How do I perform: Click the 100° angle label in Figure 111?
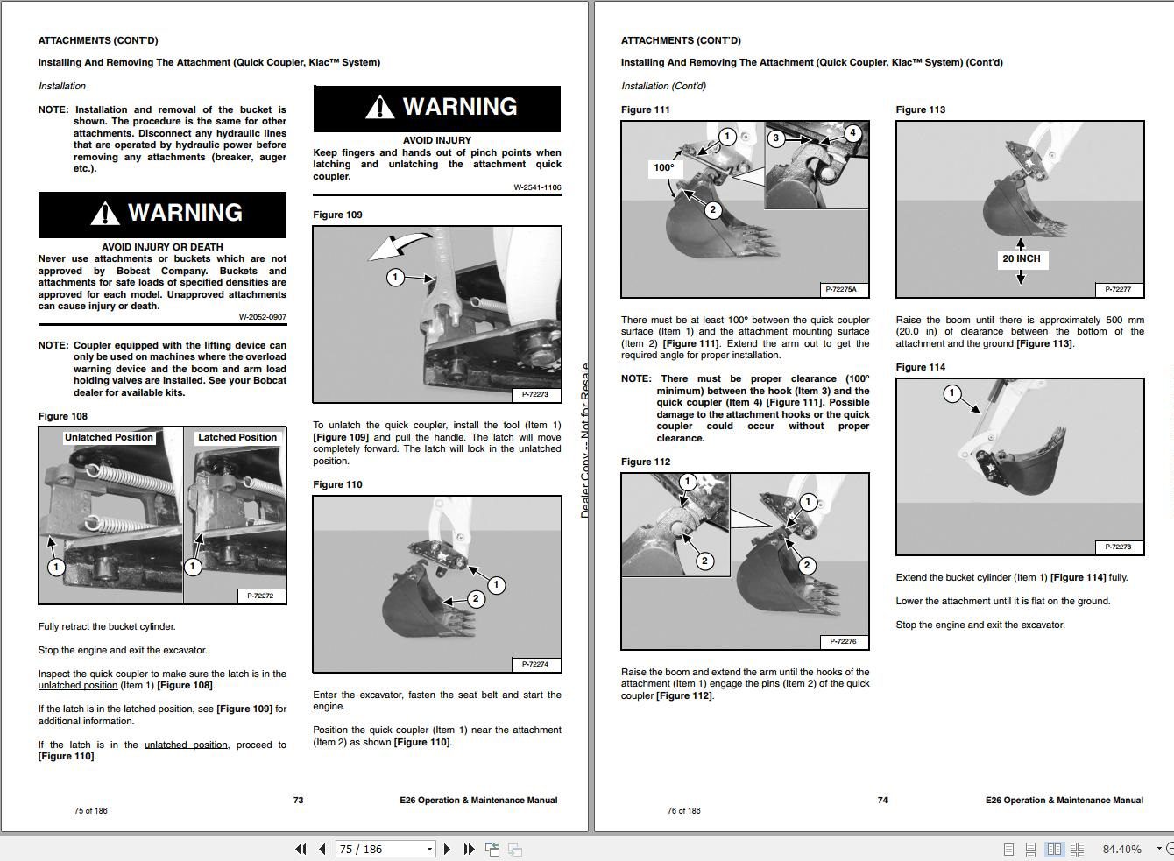tap(664, 167)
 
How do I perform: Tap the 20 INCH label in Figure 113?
tap(1021, 258)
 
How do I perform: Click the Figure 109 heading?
tap(337, 215)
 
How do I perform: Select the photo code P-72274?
tap(534, 664)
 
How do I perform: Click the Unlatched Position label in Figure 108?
tap(109, 437)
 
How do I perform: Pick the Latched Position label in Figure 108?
tap(237, 437)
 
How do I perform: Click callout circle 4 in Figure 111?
tap(852, 133)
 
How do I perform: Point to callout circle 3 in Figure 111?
tap(775, 138)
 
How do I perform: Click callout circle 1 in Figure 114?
tap(952, 393)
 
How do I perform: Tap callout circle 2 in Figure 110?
tap(476, 599)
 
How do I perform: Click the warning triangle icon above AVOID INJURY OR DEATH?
tap(104, 214)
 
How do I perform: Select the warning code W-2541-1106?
tap(537, 187)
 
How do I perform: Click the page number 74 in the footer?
tap(882, 800)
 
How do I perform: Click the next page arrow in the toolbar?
tap(448, 849)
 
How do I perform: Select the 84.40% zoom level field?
tap(1121, 849)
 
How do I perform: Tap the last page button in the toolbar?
tap(469, 849)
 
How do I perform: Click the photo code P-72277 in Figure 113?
tap(1118, 289)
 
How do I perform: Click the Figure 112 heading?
tap(646, 462)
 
